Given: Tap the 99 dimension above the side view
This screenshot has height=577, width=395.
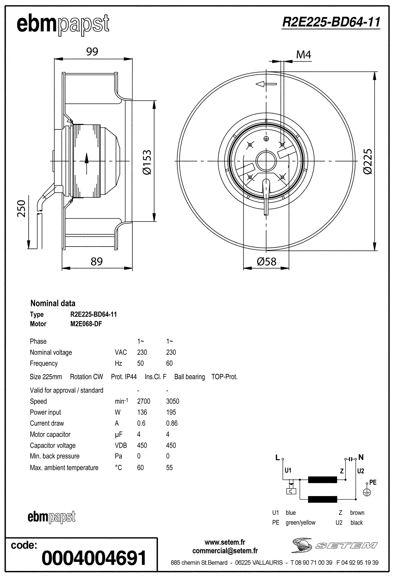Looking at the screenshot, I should (x=92, y=52).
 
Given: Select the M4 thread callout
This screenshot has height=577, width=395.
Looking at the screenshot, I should (x=303, y=55).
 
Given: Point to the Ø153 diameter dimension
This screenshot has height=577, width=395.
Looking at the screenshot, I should (x=147, y=162).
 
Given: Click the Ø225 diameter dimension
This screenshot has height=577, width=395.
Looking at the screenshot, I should (x=368, y=161).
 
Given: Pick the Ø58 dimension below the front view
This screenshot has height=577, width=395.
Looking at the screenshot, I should (x=266, y=262).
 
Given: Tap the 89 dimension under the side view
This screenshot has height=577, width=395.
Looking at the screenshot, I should (x=97, y=261).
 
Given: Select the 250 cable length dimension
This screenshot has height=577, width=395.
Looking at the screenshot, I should (x=21, y=208).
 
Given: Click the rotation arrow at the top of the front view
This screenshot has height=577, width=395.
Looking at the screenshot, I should (x=266, y=84).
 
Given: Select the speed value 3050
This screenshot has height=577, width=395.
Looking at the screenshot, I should (x=172, y=401).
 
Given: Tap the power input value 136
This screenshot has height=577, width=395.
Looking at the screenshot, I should (x=142, y=412).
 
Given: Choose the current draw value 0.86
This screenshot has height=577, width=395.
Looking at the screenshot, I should (x=172, y=423).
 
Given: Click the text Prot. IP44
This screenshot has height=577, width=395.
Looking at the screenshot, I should (x=124, y=377).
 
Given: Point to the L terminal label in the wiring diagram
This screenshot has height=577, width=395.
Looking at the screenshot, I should (x=277, y=458).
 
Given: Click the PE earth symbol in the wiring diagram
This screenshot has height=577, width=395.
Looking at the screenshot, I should (x=367, y=492).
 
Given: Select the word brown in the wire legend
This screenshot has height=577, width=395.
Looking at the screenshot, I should (x=357, y=513).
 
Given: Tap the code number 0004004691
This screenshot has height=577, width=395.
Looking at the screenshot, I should (x=94, y=558).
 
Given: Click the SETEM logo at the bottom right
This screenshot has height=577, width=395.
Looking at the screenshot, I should (x=334, y=546).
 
